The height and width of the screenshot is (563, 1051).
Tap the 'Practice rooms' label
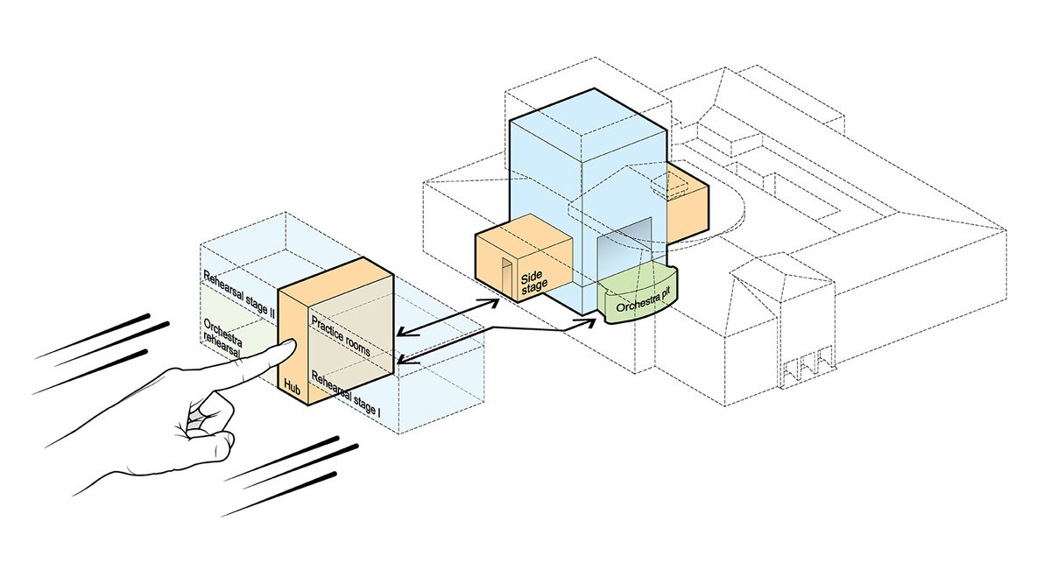pyautogui.click(x=340, y=336)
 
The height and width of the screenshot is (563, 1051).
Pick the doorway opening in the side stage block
pyautogui.click(x=505, y=277)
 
